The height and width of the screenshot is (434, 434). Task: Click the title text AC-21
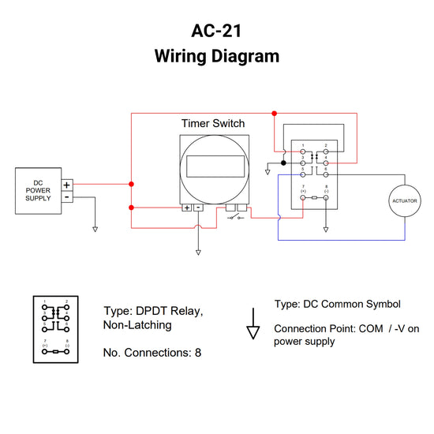(x=216, y=31)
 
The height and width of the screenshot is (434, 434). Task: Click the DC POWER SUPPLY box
(x=39, y=190)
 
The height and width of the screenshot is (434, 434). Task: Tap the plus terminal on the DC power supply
(x=67, y=185)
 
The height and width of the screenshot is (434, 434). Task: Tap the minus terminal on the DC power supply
(x=67, y=196)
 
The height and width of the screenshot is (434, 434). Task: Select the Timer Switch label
(x=213, y=123)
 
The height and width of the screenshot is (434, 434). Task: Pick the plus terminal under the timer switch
(x=186, y=208)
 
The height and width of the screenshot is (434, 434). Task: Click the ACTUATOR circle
(x=404, y=201)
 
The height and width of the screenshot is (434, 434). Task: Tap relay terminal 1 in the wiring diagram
(x=303, y=152)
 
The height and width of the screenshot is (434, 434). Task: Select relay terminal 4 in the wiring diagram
(x=326, y=163)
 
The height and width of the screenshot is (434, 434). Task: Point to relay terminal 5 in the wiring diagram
(x=303, y=174)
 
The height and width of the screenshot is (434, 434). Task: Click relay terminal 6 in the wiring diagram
(x=326, y=174)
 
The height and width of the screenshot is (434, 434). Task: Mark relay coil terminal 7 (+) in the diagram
(x=303, y=198)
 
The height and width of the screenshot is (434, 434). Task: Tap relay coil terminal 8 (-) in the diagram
(x=326, y=198)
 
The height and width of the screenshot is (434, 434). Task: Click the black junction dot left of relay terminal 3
(x=283, y=163)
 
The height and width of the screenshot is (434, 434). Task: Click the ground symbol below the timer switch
(x=198, y=253)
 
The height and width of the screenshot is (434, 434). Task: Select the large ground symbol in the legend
(x=253, y=329)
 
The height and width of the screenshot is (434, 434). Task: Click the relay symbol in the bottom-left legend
(x=56, y=331)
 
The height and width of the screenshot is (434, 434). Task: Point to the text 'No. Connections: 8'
(x=152, y=353)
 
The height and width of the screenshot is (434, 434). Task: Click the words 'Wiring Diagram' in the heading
(x=216, y=57)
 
